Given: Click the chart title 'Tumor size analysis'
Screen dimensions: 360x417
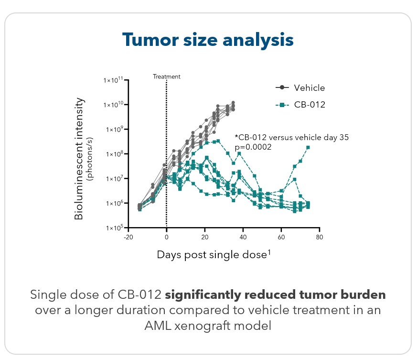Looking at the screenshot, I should pyautogui.click(x=208, y=40).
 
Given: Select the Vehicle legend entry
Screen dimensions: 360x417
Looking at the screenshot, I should pyautogui.click(x=309, y=87).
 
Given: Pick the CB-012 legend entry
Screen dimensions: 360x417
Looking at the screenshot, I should pyautogui.click(x=309, y=104).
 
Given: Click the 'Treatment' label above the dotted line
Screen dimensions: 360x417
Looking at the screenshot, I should pyautogui.click(x=167, y=76).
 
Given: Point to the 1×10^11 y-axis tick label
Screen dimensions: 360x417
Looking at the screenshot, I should pyautogui.click(x=113, y=80).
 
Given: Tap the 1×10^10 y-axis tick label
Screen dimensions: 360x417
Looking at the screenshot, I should pyautogui.click(x=113, y=105).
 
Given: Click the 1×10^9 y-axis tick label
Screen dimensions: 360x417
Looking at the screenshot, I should pyautogui.click(x=113, y=130).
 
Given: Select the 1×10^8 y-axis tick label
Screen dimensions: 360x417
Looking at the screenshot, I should pyautogui.click(x=113, y=154).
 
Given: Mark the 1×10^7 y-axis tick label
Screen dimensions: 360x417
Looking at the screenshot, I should pyautogui.click(x=113, y=179).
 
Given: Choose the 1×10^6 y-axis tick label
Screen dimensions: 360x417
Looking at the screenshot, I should pyautogui.click(x=113, y=204).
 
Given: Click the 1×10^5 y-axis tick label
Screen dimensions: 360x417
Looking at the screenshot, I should pyautogui.click(x=113, y=228).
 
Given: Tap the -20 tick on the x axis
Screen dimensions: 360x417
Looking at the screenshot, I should pyautogui.click(x=128, y=237).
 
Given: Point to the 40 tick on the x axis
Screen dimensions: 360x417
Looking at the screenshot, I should pyautogui.click(x=243, y=237).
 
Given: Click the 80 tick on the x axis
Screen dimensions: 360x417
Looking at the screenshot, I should pyautogui.click(x=319, y=237).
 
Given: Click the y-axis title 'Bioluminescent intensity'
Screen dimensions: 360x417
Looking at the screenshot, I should pyautogui.click(x=80, y=159).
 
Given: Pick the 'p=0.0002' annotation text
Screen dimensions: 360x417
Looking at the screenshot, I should pyautogui.click(x=253, y=147).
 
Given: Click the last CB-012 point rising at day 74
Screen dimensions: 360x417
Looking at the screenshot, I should pyautogui.click(x=309, y=147).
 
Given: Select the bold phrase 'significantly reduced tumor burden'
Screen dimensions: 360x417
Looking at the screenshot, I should pyautogui.click(x=275, y=295).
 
